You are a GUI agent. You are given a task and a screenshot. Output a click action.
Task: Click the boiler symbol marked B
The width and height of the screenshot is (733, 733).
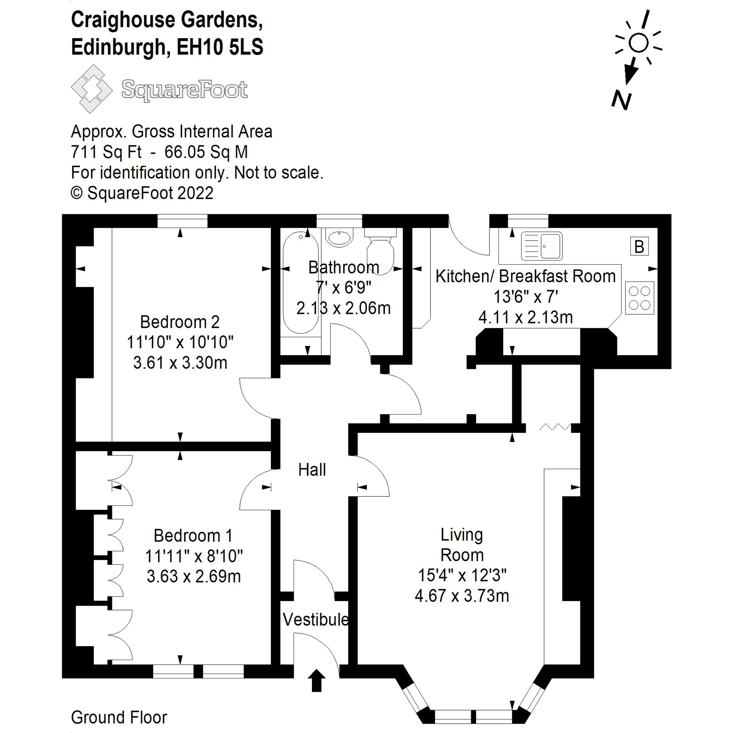click(639, 246)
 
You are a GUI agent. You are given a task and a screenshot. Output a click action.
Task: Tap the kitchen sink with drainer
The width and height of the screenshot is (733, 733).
click(542, 246)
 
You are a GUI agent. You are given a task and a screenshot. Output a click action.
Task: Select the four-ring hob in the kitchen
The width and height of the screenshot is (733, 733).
click(639, 298)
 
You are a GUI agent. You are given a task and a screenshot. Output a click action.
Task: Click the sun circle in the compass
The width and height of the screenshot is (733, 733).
click(638, 42)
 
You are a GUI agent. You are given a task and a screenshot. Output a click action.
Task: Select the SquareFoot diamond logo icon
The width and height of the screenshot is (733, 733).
click(91, 88)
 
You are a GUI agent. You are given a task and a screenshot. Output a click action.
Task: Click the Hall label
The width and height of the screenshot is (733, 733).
click(312, 470)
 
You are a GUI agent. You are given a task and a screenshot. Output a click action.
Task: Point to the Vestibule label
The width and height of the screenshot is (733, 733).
click(316, 619)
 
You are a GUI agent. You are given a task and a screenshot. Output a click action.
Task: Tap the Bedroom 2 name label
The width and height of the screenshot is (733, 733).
click(180, 322)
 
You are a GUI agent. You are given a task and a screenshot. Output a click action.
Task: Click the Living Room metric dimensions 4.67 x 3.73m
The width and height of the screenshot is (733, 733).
click(462, 596)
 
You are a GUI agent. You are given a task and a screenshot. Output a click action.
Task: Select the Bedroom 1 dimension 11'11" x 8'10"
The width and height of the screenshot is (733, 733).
click(193, 555)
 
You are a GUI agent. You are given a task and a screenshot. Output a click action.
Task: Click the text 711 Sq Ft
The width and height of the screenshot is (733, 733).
click(106, 152)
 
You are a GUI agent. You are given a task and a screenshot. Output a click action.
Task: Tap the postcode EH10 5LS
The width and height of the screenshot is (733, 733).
click(220, 47)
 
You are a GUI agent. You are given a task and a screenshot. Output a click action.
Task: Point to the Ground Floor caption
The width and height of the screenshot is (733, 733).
click(119, 717)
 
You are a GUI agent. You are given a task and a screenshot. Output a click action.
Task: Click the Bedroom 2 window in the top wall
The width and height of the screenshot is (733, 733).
click(182, 221)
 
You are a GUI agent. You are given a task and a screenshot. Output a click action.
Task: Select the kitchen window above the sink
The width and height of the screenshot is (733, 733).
click(528, 221)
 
